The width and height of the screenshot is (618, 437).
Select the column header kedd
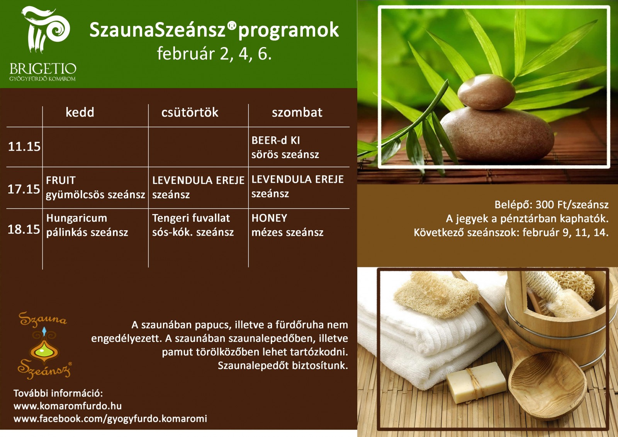click(80, 112)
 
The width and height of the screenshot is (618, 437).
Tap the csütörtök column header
click(190, 112)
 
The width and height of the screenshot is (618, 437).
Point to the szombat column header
click(297, 112)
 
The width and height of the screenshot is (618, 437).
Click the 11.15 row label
click(24, 146)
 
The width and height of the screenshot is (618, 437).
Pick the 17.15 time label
click(24, 189)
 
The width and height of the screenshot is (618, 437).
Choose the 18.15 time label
click(24, 230)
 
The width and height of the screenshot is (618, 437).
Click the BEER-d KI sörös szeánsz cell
click(285, 148)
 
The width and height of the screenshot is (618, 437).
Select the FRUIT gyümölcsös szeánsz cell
click(95, 188)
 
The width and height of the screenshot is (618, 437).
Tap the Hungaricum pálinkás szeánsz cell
click(87, 225)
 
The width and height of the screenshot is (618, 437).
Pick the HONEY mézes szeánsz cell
click(287, 225)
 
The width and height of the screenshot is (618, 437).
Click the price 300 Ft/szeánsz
click(572, 204)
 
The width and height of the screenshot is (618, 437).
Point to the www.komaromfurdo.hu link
click(68, 406)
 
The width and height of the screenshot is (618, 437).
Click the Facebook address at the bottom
click(110, 419)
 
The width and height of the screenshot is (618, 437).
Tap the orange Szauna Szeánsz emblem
click(44, 345)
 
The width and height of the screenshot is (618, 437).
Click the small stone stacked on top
click(486, 92)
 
